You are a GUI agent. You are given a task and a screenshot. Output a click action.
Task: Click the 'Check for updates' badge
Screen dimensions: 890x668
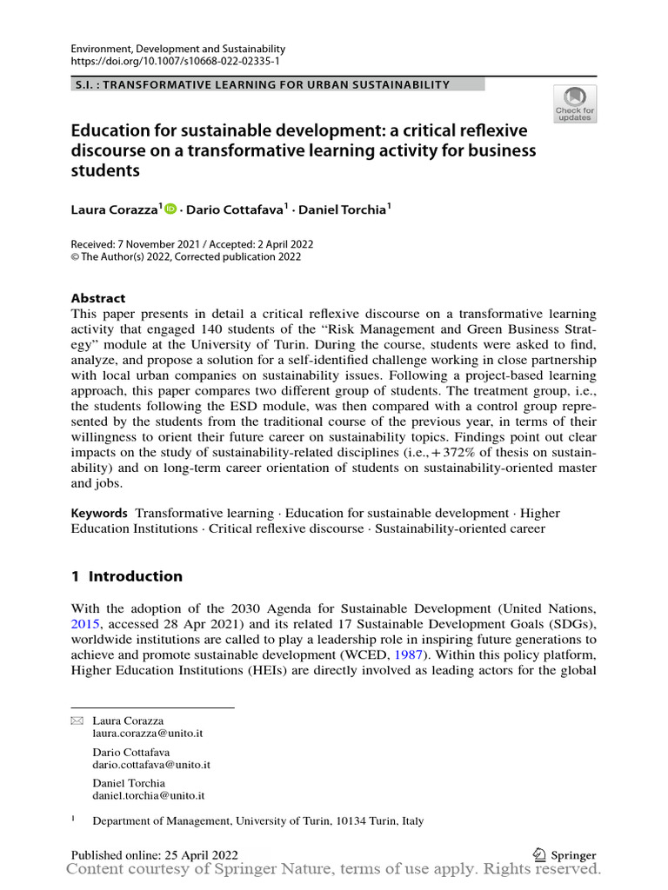[575, 104]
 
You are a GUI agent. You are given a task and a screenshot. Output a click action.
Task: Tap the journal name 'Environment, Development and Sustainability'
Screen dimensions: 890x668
[177, 50]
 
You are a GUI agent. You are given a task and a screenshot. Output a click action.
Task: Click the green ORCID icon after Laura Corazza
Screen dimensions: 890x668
[170, 209]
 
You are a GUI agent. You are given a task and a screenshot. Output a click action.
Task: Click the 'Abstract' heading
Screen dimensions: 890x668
[97, 298]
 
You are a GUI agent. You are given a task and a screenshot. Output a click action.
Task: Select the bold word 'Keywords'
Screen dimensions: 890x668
[99, 514]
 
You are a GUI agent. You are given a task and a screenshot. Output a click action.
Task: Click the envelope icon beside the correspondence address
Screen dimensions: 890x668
[76, 721]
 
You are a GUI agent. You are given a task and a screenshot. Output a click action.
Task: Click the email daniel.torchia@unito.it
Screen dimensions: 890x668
[148, 795]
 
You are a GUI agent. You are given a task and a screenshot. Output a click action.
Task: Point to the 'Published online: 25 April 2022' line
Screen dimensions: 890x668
[155, 855]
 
